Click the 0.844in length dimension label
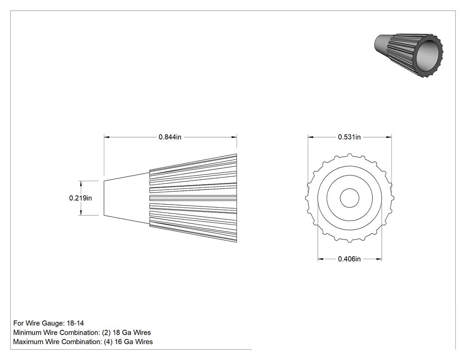coord(170,137)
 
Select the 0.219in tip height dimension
coord(80,198)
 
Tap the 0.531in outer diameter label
coord(349,137)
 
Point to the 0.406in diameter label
coord(349,259)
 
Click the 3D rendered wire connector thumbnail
coord(408,55)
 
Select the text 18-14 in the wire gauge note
coord(75,323)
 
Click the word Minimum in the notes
coord(26,332)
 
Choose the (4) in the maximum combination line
coord(108,342)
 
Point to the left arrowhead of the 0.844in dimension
coord(107,137)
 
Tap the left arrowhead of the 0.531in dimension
coord(311,137)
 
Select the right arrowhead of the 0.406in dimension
coord(379,259)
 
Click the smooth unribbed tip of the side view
coord(126,198)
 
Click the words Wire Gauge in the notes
coord(44,323)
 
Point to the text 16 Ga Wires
coord(134,342)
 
